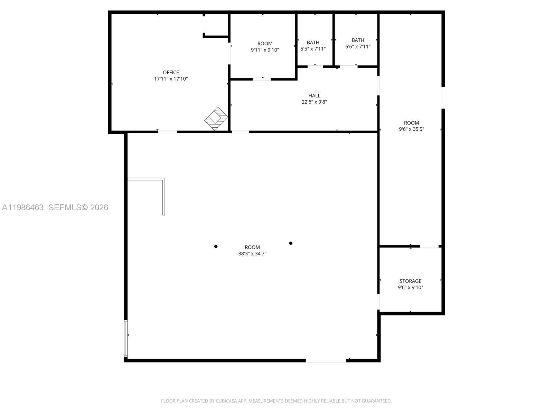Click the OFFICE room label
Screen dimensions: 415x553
(171, 72)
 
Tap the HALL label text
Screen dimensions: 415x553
(314, 95)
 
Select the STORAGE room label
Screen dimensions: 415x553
(410, 281)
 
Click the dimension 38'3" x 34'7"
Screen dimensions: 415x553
(252, 253)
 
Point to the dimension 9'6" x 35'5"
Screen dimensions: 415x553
(411, 129)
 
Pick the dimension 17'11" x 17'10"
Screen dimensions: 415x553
(171, 79)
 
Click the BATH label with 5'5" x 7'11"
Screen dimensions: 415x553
(313, 43)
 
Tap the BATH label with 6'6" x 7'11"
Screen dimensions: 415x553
(358, 40)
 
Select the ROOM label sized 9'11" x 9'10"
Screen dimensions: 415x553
(265, 44)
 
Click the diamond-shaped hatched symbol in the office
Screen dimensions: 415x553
(216, 119)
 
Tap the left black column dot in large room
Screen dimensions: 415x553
(216, 247)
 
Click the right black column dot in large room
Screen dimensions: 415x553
(291, 243)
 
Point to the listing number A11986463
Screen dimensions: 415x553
(23, 207)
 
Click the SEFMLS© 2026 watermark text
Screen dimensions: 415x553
(78, 207)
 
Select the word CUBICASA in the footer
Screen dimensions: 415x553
(226, 401)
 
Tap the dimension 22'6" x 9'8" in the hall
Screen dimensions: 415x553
(314, 102)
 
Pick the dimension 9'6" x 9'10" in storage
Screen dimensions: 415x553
(410, 287)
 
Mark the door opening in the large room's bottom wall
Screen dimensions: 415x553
(326, 361)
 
